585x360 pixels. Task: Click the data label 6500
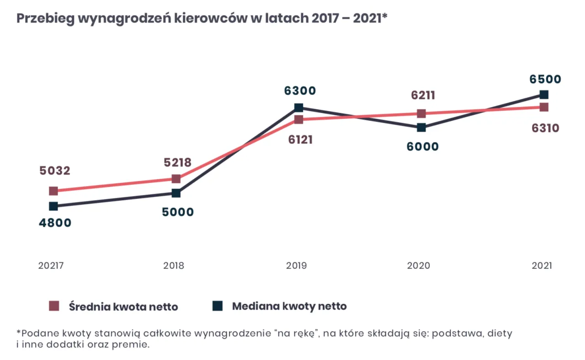[545, 79]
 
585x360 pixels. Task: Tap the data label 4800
[54, 223]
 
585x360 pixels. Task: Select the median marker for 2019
[299, 108]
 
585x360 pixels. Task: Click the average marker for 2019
[299, 120]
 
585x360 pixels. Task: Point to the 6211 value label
[423, 96]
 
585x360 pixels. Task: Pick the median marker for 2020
[421, 127]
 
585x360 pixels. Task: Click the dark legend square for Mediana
[218, 306]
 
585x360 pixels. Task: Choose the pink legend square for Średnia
[54, 306]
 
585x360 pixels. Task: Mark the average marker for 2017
[53, 191]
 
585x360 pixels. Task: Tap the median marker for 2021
[544, 95]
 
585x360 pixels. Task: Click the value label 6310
[545, 128]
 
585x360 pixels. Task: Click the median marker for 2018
[176, 193]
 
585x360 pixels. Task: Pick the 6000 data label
[423, 147]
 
